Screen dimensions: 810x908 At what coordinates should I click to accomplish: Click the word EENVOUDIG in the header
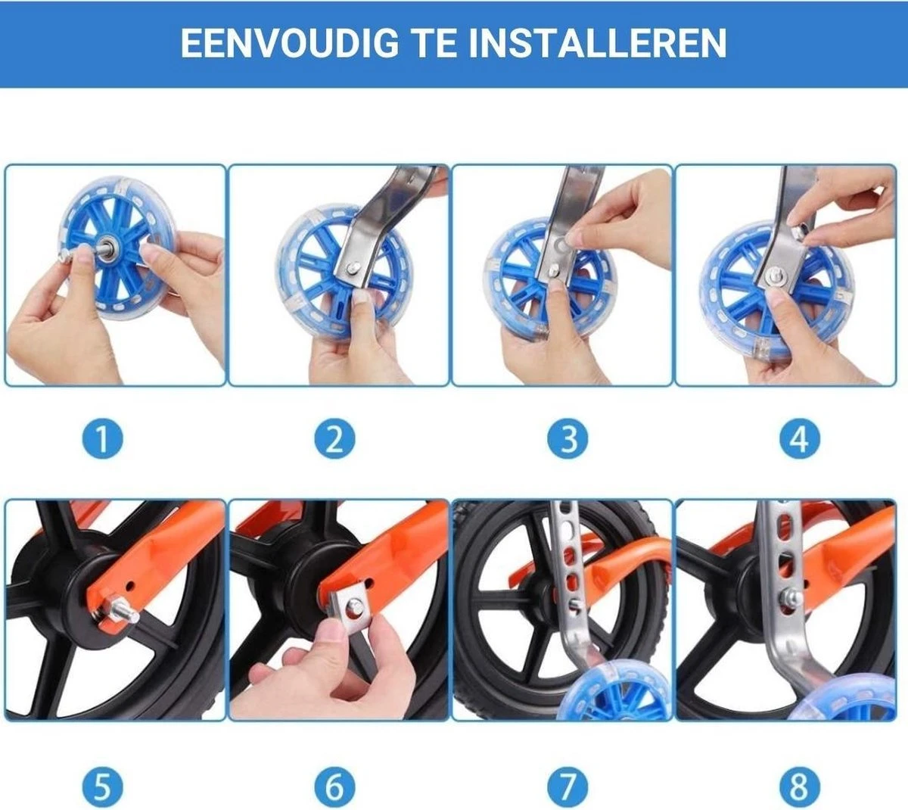288,43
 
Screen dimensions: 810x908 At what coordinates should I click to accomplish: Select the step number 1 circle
102,439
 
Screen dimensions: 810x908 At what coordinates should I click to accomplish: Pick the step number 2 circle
334,439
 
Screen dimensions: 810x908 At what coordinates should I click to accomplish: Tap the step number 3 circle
567,439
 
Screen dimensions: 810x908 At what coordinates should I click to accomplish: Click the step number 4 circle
799,439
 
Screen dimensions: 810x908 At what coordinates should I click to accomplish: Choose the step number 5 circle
102,787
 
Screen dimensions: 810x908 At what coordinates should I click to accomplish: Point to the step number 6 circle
334,787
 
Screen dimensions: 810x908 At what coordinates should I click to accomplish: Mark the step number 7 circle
567,787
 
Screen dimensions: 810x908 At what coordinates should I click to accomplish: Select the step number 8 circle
799,787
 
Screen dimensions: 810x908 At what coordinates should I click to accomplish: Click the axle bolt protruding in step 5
123,610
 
